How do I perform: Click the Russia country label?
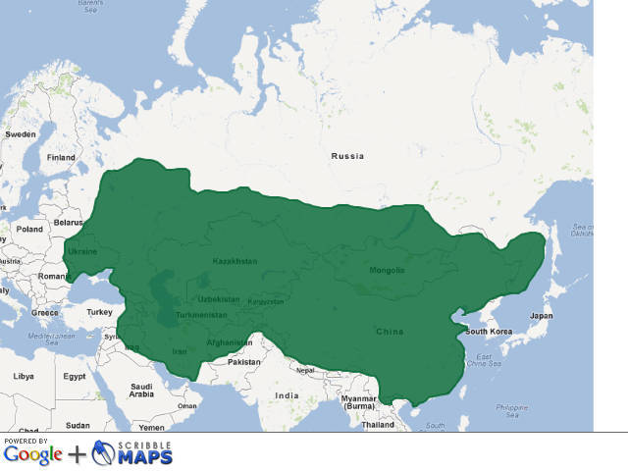(x=347, y=156)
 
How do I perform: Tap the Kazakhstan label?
(x=235, y=261)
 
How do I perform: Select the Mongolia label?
(x=387, y=270)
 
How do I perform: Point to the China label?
(x=390, y=332)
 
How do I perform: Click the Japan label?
(x=541, y=316)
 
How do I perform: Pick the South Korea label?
(x=489, y=332)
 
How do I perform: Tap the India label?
(x=287, y=395)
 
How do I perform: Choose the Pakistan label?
(x=243, y=362)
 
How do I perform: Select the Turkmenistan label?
(x=201, y=315)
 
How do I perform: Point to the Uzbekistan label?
(x=218, y=298)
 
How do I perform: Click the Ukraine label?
(x=81, y=251)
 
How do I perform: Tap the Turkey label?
(x=100, y=312)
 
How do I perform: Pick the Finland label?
(x=61, y=157)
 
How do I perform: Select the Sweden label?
(x=20, y=133)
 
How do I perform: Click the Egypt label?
(x=75, y=376)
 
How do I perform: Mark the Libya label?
(x=23, y=376)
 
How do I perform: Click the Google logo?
(x=32, y=455)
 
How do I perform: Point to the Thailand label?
(x=377, y=425)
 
